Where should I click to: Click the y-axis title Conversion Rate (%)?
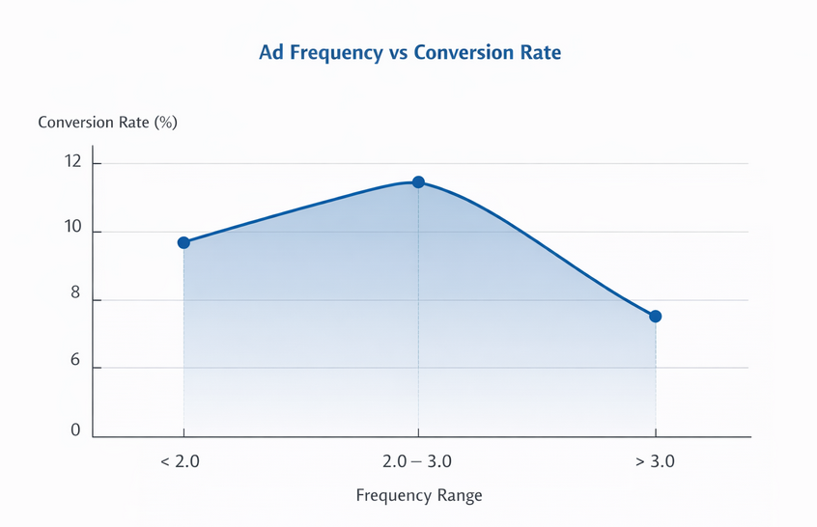pyautogui.click(x=107, y=123)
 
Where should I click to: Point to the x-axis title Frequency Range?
pyautogui.click(x=418, y=495)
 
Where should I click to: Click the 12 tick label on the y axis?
pyautogui.click(x=72, y=163)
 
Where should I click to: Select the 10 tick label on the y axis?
pyautogui.click(x=72, y=232)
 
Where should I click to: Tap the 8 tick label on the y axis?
pyautogui.click(x=74, y=300)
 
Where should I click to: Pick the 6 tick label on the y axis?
pyautogui.click(x=74, y=368)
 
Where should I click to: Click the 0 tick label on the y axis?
pyautogui.click(x=74, y=430)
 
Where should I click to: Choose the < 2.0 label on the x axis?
pyautogui.click(x=180, y=461)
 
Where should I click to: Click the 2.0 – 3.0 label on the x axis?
pyautogui.click(x=418, y=461)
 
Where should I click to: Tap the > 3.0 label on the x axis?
pyautogui.click(x=655, y=461)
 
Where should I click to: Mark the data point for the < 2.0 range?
pyautogui.click(x=183, y=242)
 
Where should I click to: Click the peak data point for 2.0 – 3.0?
pyautogui.click(x=418, y=182)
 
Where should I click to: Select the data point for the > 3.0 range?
pyautogui.click(x=656, y=316)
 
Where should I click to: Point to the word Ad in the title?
pyautogui.click(x=270, y=53)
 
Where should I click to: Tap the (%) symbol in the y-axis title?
pyautogui.click(x=164, y=123)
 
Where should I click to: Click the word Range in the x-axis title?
pyautogui.click(x=459, y=495)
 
